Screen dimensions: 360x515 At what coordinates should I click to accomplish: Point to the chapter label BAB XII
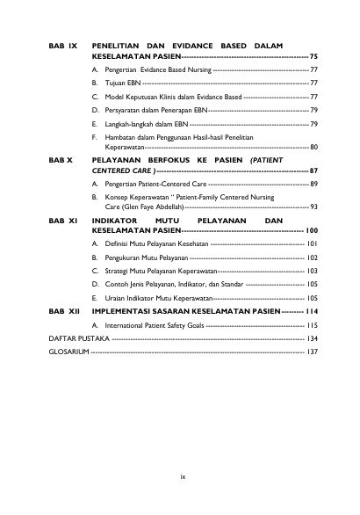(x=64, y=311)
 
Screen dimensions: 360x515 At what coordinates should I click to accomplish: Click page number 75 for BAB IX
(x=313, y=54)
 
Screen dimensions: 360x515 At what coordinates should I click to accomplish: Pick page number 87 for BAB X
(x=313, y=172)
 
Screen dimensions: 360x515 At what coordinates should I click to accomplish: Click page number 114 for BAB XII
(x=311, y=311)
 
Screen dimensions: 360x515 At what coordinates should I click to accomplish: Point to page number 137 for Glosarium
(x=312, y=351)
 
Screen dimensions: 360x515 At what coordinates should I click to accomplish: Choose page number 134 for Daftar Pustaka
(x=312, y=337)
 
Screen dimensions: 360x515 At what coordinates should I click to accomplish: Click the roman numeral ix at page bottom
(x=183, y=477)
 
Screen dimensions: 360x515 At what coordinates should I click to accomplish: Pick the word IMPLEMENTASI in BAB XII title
(x=123, y=311)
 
